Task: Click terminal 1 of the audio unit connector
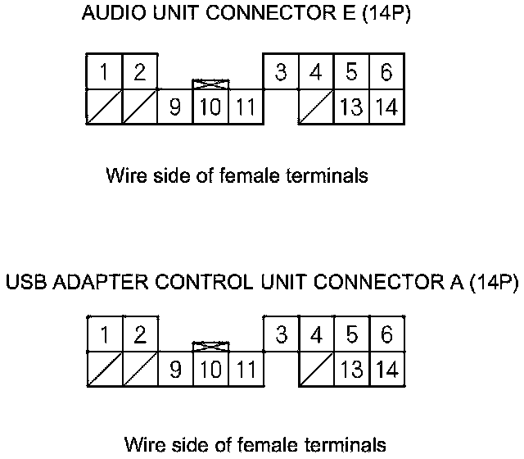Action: [x=104, y=72]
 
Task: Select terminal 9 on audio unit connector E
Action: [x=174, y=107]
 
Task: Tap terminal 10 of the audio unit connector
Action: [x=210, y=107]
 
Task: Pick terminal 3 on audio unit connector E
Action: [x=280, y=72]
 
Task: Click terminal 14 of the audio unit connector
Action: [x=387, y=107]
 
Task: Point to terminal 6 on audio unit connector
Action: [x=386, y=72]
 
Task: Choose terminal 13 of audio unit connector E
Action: [x=351, y=107]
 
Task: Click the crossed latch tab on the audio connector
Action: [x=210, y=84]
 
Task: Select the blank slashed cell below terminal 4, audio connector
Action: [x=315, y=107]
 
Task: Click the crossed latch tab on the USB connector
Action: [x=210, y=346]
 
